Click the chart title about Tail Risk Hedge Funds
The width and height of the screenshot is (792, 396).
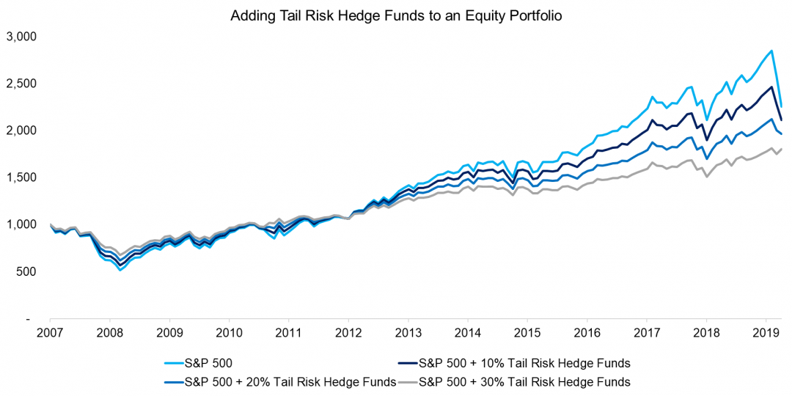(396, 15)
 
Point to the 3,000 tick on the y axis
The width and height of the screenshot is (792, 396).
(21, 36)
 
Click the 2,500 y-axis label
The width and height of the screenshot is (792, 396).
(21, 83)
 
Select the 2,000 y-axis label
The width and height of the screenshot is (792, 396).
(21, 130)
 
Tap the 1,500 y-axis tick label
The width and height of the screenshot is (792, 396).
(21, 177)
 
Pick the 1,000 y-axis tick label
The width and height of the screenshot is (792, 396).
(21, 224)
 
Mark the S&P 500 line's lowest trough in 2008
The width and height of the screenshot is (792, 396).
(120, 270)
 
